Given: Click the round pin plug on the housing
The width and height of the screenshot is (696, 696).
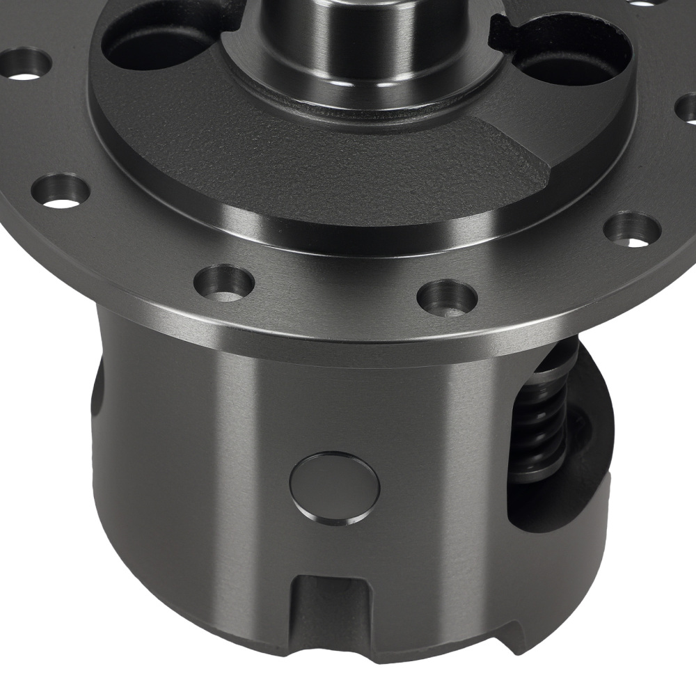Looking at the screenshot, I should (x=335, y=488).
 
